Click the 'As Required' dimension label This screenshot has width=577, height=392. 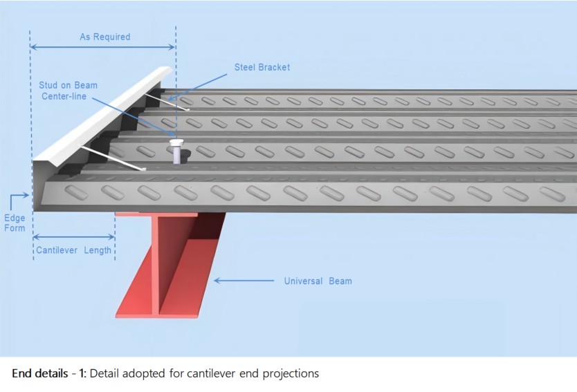coord(104,37)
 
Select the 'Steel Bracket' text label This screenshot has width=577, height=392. coord(262,68)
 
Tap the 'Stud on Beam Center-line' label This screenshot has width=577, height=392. coord(68,91)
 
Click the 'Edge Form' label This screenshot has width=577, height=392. coord(15,223)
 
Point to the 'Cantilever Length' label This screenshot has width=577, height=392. coord(73,250)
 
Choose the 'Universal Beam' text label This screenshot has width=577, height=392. coord(318,281)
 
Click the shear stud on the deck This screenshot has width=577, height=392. coord(177,151)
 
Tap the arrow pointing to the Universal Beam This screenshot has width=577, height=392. coord(242,281)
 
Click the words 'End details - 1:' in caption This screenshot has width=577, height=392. coord(48,373)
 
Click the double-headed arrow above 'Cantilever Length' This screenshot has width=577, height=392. coord(73,236)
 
